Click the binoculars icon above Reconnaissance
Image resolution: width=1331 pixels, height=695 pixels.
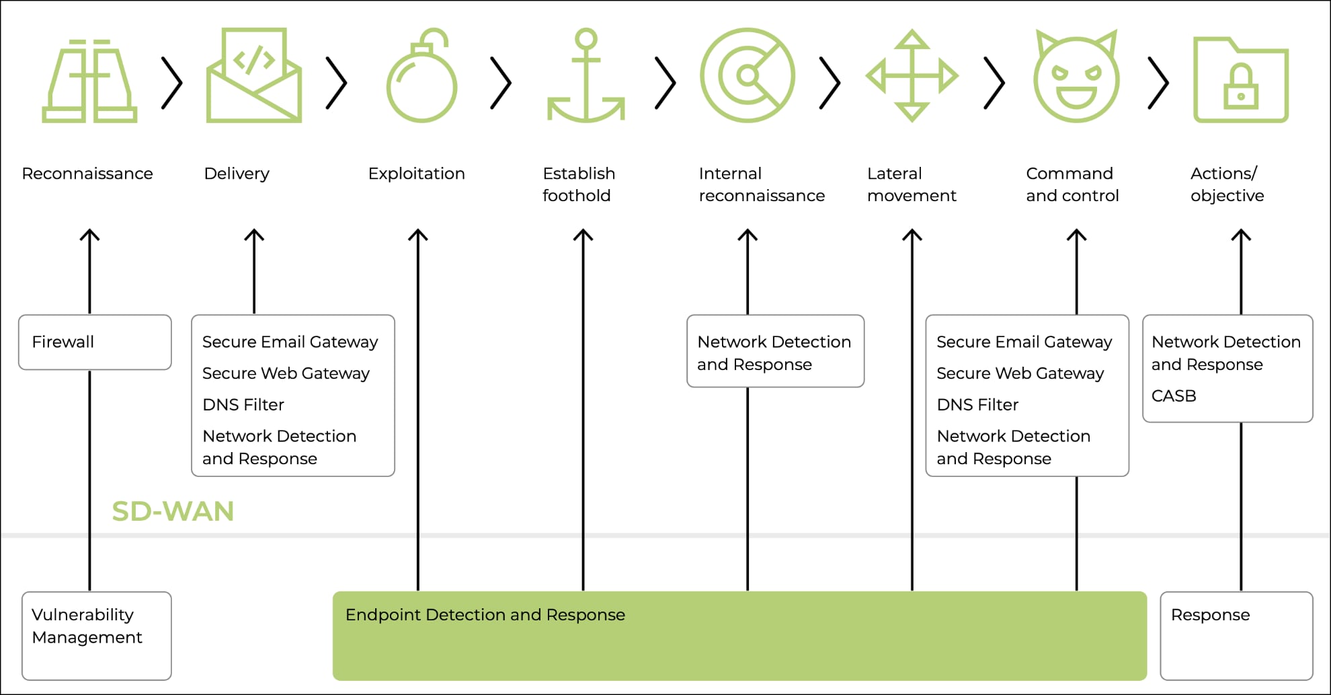(x=89, y=81)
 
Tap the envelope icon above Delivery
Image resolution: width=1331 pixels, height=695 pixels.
(x=254, y=75)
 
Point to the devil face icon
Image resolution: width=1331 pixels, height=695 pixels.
(x=1076, y=77)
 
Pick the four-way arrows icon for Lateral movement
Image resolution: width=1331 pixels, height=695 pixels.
(x=912, y=75)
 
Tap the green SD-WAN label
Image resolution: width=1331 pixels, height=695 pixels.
(x=173, y=511)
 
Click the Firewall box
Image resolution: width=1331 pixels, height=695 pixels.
(x=95, y=342)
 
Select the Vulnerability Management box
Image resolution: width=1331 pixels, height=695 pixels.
(x=96, y=635)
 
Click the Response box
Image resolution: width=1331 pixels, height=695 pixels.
(x=1236, y=635)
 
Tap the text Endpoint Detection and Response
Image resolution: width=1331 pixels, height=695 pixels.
(x=485, y=615)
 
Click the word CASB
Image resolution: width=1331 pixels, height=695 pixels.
(x=1174, y=396)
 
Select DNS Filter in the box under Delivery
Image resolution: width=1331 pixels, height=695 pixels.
(x=243, y=404)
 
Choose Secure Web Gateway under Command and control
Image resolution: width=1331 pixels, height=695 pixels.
(x=1020, y=373)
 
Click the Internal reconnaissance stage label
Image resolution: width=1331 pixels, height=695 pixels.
(x=761, y=184)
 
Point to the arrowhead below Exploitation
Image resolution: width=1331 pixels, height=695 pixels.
(x=418, y=235)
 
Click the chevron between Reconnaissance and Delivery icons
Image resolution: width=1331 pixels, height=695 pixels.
(x=172, y=83)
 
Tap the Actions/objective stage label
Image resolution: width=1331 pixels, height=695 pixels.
(x=1227, y=184)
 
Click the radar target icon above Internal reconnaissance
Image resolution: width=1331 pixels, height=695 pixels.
(x=748, y=75)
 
